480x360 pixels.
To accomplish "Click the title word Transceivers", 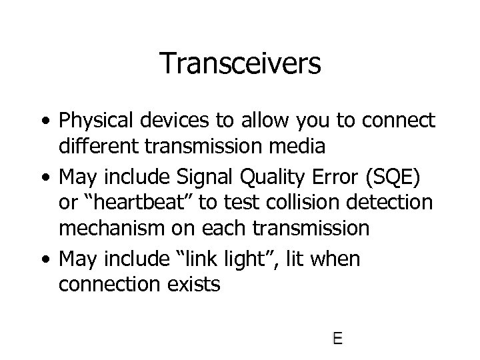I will click(x=241, y=64).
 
